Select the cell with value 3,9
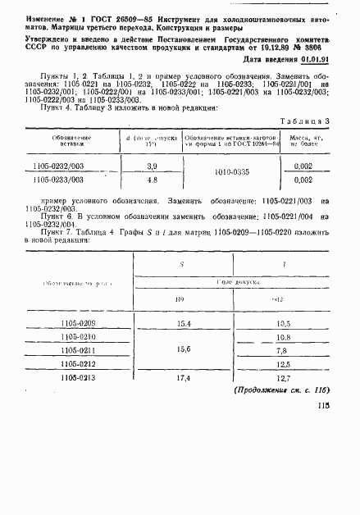(x=151, y=166)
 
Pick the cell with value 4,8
(x=151, y=179)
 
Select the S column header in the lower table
(x=181, y=265)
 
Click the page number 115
(x=321, y=417)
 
